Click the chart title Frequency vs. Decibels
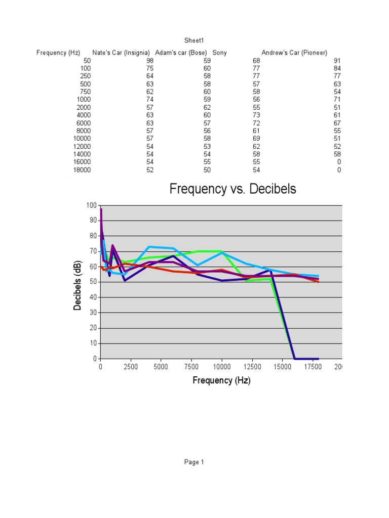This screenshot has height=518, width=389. coord(232,189)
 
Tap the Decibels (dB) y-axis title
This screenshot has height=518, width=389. coord(78,286)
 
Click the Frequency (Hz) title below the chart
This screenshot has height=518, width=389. coord(221,380)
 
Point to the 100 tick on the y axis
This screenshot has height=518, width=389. coord(91,205)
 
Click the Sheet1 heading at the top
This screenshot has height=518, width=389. coord(194,40)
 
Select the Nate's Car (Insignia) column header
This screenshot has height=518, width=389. coord(121,53)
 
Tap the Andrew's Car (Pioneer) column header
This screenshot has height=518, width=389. coord(294,53)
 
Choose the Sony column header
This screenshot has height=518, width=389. coord(219,53)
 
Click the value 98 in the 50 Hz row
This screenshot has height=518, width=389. coord(149,61)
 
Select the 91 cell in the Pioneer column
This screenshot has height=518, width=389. coord(337,61)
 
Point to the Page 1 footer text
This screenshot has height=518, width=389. coord(194,462)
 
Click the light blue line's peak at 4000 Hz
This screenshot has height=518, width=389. coord(149,247)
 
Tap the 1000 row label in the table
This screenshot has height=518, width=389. coord(84,100)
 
